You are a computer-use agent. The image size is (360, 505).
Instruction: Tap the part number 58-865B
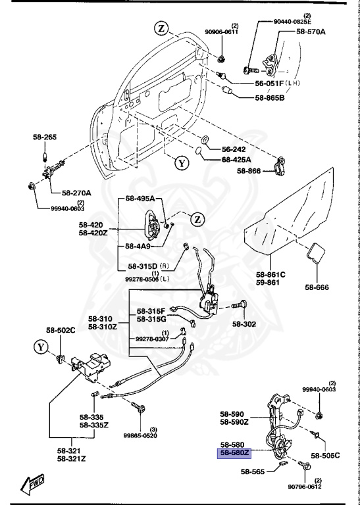point(270,98)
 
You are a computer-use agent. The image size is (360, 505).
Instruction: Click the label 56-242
point(234,149)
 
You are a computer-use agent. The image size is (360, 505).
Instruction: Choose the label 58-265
point(45,137)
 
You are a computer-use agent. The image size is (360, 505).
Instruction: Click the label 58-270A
point(76,193)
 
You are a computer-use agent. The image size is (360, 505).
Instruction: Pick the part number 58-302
point(245,324)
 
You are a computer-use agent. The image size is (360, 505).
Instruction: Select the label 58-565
point(253,471)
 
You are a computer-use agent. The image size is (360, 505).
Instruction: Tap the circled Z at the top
point(162,28)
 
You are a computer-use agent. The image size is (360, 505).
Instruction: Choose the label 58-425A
point(236,159)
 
